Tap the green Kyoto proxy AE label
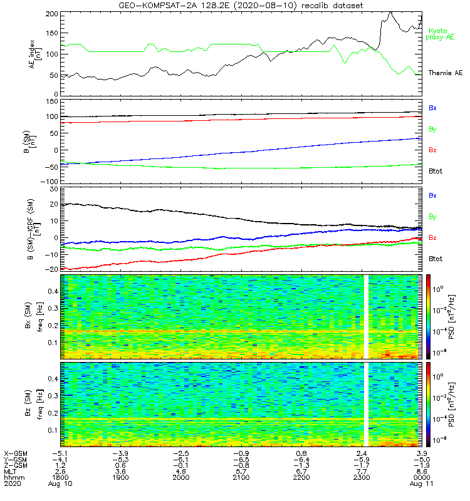[442, 34]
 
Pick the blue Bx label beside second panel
[432, 108]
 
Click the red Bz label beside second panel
[432, 150]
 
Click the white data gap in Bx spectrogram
[365, 316]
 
